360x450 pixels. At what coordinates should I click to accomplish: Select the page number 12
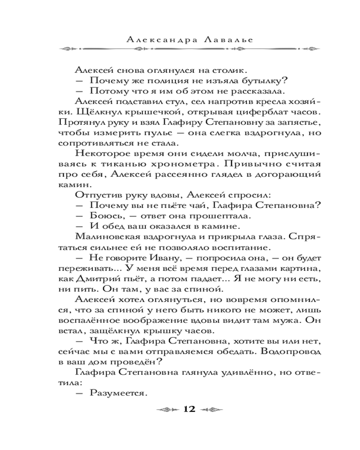189,409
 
